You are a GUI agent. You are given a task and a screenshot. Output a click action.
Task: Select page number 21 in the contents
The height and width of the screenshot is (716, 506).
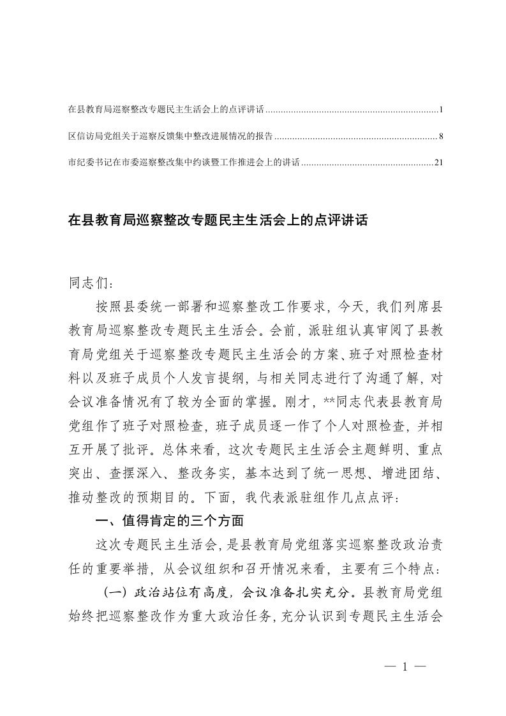pos(438,162)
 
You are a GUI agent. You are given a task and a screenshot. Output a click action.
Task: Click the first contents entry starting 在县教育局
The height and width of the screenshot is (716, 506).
pos(165,110)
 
